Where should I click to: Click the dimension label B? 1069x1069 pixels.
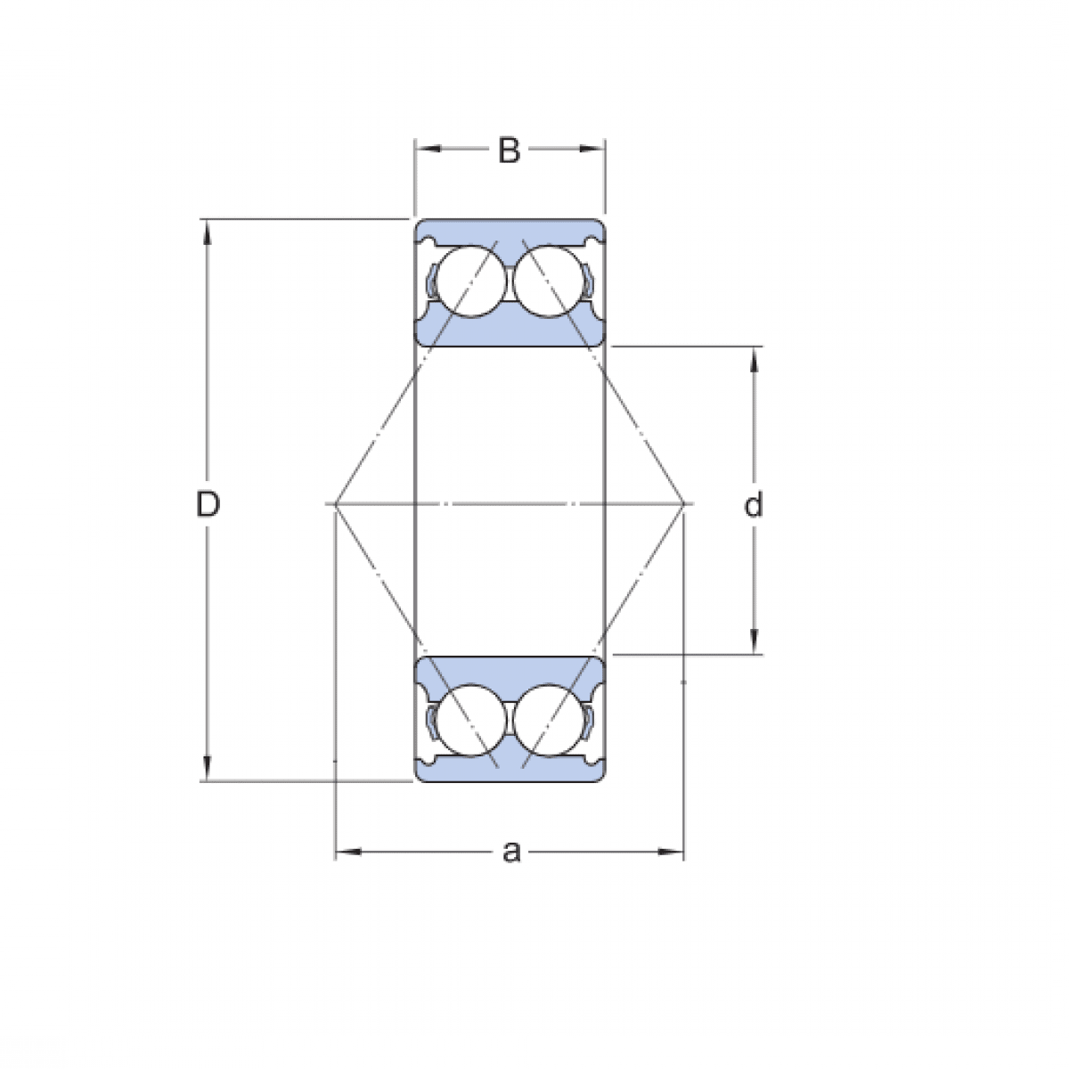(x=509, y=151)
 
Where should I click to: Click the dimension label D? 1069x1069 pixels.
(x=208, y=505)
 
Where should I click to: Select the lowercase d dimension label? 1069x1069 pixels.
(x=754, y=506)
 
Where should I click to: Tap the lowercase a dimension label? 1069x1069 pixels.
(x=510, y=853)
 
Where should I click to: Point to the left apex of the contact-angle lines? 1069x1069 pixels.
(x=335, y=504)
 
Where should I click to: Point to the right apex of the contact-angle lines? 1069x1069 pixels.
(x=684, y=504)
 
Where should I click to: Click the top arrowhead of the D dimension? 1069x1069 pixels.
(x=208, y=230)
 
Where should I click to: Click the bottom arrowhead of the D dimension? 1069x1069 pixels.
(x=208, y=771)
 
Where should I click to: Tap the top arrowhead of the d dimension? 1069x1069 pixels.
(x=755, y=356)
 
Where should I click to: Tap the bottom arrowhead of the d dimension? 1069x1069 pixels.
(x=755, y=643)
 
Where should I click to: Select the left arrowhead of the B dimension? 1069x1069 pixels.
(x=425, y=150)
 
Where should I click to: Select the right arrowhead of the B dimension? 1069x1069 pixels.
(x=594, y=150)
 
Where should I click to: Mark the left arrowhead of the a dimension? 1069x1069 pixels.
(x=347, y=853)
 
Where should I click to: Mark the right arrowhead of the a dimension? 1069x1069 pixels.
(x=673, y=853)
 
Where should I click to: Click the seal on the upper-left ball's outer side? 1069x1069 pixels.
(x=431, y=282)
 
